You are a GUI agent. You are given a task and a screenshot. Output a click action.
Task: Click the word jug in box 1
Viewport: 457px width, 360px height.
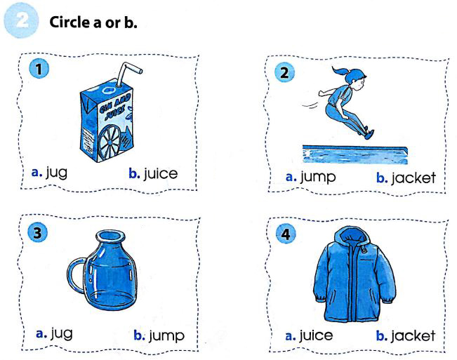pos(57,173)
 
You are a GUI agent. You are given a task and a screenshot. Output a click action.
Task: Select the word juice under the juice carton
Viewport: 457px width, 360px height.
pos(160,173)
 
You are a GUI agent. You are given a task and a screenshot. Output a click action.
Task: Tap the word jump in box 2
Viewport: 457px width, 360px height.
pos(318,177)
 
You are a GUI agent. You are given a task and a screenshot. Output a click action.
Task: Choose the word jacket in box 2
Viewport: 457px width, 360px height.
pos(413,178)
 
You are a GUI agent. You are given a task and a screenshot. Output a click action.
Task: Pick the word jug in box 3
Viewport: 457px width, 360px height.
pos(62,333)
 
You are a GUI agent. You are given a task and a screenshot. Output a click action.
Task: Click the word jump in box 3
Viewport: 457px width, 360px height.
pos(166,335)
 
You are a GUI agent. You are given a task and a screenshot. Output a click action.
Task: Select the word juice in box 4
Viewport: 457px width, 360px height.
pos(316,335)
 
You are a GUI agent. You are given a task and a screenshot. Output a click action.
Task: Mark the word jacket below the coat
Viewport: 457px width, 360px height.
pos(413,335)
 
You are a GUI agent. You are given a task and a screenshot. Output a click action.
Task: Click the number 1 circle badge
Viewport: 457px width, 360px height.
pos(39,69)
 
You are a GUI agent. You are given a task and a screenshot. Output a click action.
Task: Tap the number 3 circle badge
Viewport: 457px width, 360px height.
pos(37,232)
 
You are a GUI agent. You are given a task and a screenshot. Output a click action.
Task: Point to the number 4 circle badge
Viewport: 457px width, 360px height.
pos(286,234)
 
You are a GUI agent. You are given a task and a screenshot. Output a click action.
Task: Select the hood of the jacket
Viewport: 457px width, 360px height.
pos(352,236)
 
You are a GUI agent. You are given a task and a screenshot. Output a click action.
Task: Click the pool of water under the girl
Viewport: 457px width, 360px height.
pos(355,154)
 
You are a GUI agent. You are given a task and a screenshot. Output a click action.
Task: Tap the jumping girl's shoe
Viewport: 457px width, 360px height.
pos(369,134)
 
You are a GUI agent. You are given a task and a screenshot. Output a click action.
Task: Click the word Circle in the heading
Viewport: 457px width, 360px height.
pos(69,22)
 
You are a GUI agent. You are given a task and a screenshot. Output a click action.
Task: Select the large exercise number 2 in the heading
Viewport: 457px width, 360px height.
pos(22,20)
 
